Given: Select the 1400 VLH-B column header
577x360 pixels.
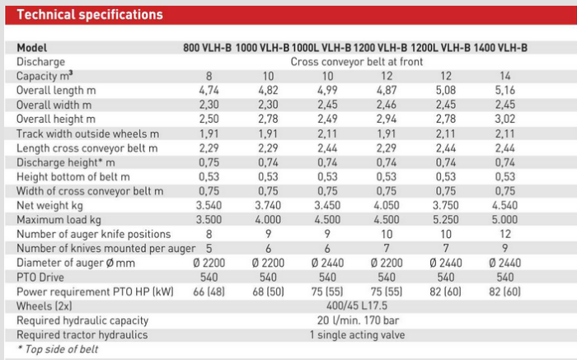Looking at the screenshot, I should [x=502, y=48].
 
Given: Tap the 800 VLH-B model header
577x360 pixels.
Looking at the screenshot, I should [x=208, y=48].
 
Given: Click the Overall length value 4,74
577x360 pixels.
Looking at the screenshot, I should [x=209, y=91].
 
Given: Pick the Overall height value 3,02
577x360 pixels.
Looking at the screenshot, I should [x=505, y=119].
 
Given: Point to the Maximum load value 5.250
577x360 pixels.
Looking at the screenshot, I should [x=446, y=220].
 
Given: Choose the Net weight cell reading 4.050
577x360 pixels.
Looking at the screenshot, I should [x=387, y=206].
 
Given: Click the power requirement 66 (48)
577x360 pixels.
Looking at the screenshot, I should [x=209, y=292].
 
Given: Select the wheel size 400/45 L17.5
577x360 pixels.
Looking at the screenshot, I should [x=357, y=306].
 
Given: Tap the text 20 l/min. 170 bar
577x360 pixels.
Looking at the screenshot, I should [x=357, y=320].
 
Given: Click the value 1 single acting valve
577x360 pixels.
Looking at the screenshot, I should [x=357, y=335].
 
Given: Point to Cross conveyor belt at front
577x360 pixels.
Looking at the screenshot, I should [x=357, y=62].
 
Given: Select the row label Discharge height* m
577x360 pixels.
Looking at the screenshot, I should [x=68, y=162].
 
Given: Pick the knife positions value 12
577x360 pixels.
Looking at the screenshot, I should [x=505, y=235].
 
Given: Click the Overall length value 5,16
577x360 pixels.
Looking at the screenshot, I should [x=505, y=91].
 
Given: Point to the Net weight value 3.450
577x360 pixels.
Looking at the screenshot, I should [x=327, y=206].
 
